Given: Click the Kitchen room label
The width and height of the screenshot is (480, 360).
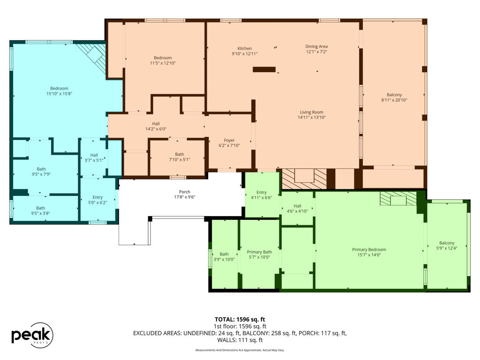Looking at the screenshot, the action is (x=245, y=48).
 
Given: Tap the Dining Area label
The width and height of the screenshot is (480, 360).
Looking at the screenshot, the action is (x=316, y=46).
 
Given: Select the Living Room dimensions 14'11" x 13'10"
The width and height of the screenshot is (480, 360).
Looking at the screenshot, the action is (x=312, y=117).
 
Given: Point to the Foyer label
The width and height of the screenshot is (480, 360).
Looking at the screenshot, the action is (x=229, y=140).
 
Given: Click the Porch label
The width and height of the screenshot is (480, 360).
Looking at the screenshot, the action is (x=185, y=192).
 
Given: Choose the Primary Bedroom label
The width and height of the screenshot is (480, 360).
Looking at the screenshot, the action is (x=369, y=249).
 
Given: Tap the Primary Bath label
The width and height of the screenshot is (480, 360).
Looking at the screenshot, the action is (x=259, y=252).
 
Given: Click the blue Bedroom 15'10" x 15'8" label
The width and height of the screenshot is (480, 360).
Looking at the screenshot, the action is (x=59, y=91).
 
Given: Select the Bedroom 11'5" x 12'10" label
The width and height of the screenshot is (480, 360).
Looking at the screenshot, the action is (x=163, y=60).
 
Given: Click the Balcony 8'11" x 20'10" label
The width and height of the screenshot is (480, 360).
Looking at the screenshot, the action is (x=394, y=97).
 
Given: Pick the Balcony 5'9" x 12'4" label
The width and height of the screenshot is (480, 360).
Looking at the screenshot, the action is (x=447, y=246).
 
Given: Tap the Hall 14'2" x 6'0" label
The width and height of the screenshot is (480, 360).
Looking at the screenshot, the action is (x=156, y=127).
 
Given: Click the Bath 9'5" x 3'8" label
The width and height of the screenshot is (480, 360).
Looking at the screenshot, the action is (x=40, y=210).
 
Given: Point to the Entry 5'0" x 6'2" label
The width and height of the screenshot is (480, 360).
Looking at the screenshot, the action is (x=97, y=200).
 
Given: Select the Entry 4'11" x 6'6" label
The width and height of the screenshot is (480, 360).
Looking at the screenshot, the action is (x=262, y=195).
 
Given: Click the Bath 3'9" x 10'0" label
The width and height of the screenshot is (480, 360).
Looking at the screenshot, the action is (x=224, y=256).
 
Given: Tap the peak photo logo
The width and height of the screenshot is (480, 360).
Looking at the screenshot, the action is (x=32, y=335).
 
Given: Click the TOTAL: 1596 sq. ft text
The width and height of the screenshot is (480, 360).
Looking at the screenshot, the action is (x=240, y=320).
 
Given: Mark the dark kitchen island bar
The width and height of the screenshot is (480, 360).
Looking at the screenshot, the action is (x=264, y=69).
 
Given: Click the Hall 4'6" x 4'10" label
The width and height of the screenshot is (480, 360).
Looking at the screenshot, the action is (x=297, y=209).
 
